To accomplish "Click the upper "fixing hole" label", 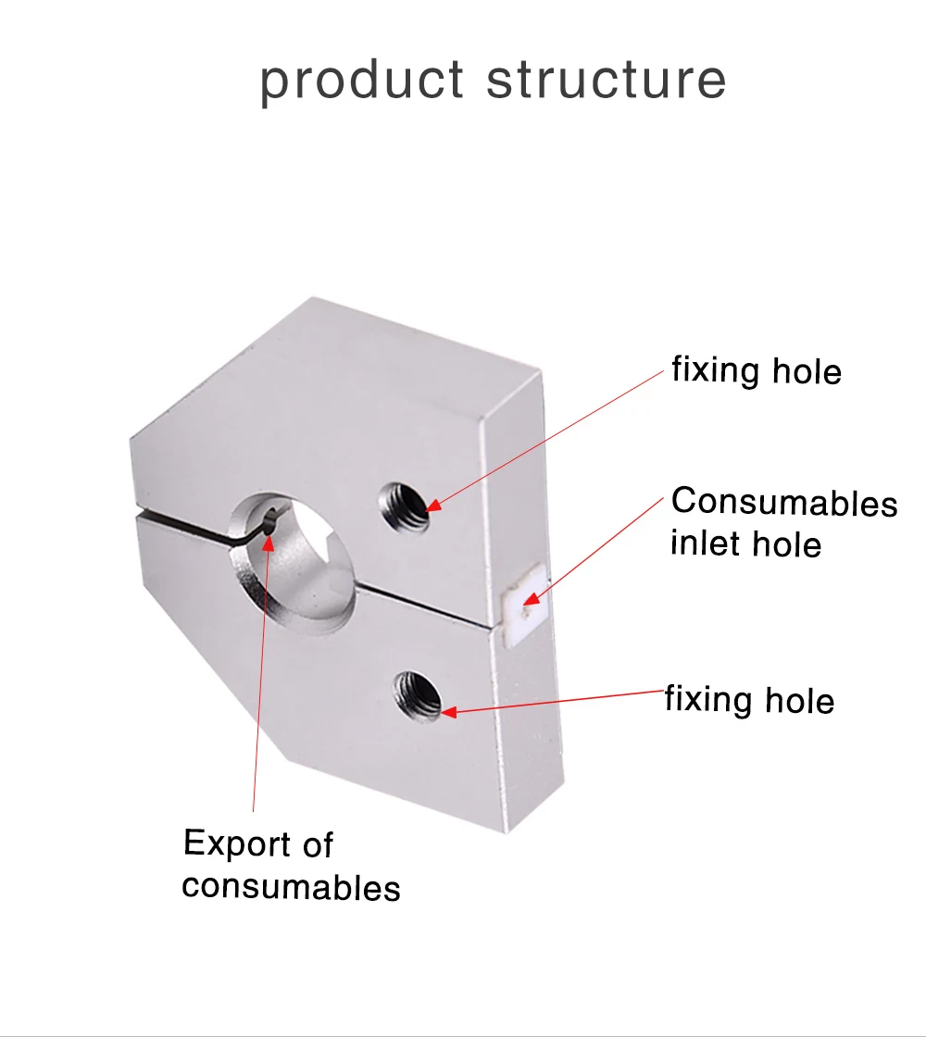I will point(757,371).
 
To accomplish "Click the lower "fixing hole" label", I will point(749,700).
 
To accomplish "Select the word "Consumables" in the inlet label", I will point(784,502).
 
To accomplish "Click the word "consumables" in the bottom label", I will point(291,886).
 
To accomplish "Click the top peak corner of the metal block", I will point(311,299).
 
